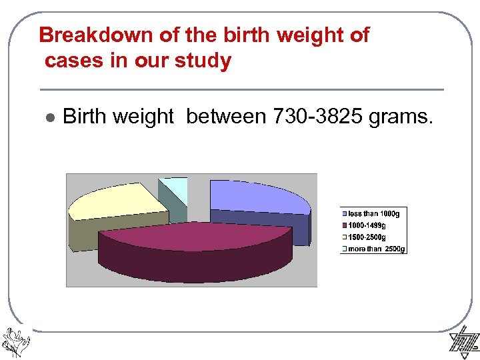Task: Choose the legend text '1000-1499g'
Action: pyautogui.click(x=367, y=225)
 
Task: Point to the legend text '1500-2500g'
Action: pyautogui.click(x=367, y=237)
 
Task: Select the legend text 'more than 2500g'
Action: pyautogui.click(x=376, y=249)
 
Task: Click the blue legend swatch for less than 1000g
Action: pyautogui.click(x=345, y=214)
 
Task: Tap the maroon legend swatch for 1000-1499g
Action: pyautogui.click(x=345, y=225)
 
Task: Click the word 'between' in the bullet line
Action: pyautogui.click(x=227, y=117)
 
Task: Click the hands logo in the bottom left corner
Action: pyautogui.click(x=15, y=339)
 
